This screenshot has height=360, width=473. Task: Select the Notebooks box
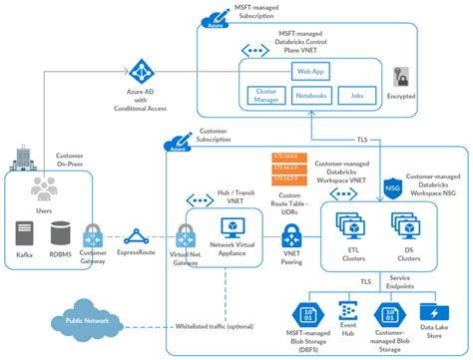pos(311,96)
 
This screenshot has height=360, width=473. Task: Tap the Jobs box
pos(357,96)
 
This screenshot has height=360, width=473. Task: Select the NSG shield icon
pos(393,187)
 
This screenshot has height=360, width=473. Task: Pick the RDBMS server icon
pos(60,235)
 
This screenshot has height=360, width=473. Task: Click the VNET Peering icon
pos(291,237)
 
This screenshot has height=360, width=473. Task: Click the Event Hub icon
pos(349,312)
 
